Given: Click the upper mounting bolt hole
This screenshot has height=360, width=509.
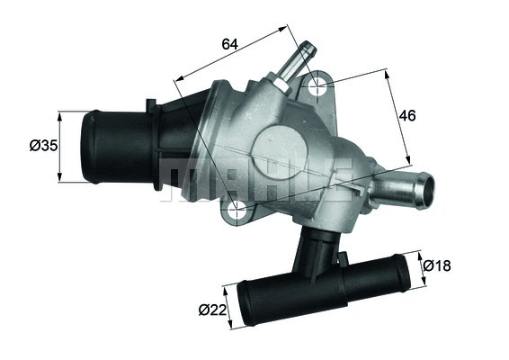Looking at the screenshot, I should click(316, 88).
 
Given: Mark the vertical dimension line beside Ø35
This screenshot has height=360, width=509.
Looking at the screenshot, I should click(60, 147).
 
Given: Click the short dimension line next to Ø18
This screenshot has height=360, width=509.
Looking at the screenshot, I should click(422, 267).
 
